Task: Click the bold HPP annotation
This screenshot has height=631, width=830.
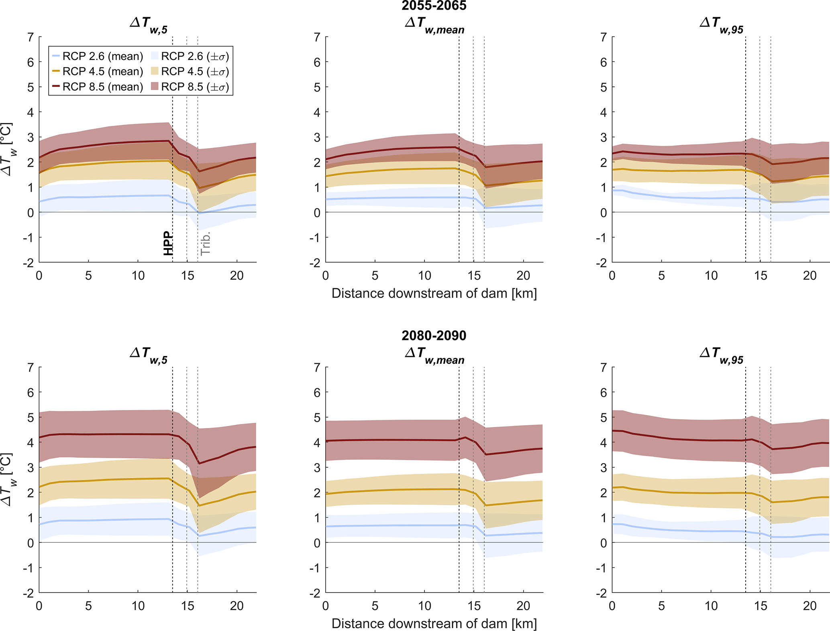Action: [x=168, y=243]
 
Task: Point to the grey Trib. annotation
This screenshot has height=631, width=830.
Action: [x=206, y=243]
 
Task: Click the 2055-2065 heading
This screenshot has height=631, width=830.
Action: [x=434, y=6]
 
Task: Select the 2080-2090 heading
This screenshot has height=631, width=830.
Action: [x=434, y=336]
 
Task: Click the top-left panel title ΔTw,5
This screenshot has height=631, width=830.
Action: [x=149, y=25]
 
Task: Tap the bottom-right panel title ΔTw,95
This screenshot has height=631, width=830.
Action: [x=721, y=355]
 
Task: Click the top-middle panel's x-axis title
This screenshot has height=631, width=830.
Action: [x=434, y=293]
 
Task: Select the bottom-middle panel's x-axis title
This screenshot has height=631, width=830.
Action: [x=434, y=623]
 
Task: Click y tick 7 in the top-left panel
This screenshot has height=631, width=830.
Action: [x=31, y=37]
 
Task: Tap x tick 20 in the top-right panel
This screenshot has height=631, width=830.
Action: [x=810, y=276]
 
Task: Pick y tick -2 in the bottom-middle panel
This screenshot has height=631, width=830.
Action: [x=315, y=593]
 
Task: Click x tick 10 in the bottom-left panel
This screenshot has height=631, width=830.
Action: [x=138, y=606]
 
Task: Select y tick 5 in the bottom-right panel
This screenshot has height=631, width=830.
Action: [x=603, y=418]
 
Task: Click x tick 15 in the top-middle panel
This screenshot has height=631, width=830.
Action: [x=474, y=276]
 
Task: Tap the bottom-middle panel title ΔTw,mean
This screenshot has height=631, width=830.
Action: [x=434, y=355]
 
